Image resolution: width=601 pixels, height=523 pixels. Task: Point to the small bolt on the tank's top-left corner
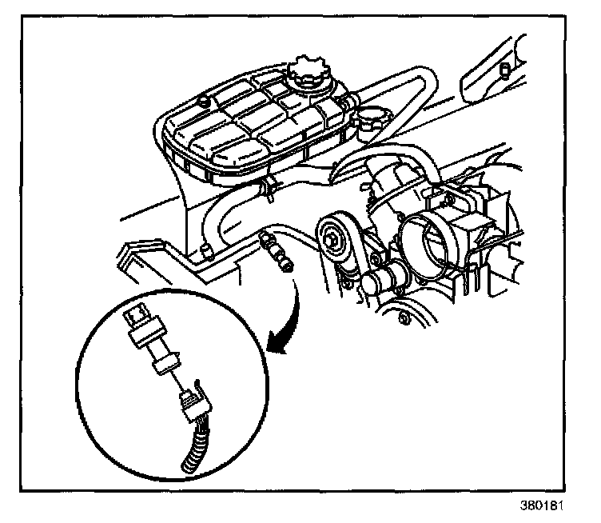click(205, 101)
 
